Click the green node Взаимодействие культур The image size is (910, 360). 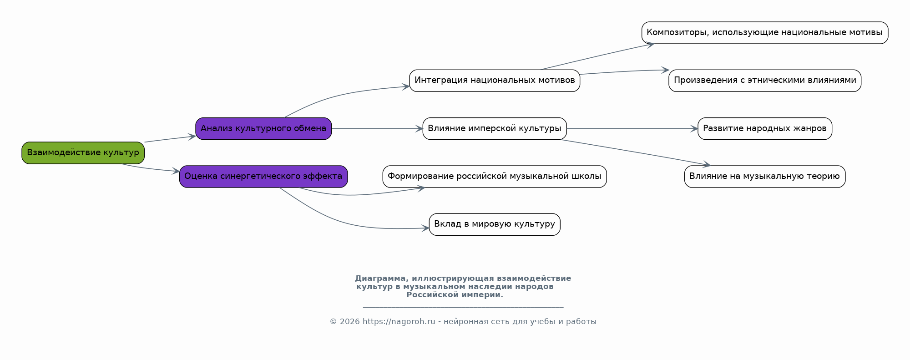[83, 153]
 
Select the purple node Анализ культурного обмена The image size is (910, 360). [263, 129]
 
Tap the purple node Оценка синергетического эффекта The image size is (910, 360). [263, 177]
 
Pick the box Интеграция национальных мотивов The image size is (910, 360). [495, 81]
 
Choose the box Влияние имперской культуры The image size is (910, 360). [495, 129]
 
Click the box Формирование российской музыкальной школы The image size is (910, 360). [495, 177]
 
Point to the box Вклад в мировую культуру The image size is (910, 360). [495, 224]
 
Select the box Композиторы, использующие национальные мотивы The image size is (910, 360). [765, 33]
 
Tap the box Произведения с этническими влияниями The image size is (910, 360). [765, 81]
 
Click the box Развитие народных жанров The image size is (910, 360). [765, 129]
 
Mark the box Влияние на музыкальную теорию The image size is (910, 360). [765, 177]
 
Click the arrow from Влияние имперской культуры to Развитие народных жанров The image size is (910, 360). [632, 129]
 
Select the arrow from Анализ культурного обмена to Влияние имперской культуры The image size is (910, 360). [377, 129]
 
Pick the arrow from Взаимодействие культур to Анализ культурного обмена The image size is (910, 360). [170, 139]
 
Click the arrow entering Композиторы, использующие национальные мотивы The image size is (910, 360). [597, 56]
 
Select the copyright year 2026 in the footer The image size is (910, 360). [349, 322]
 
